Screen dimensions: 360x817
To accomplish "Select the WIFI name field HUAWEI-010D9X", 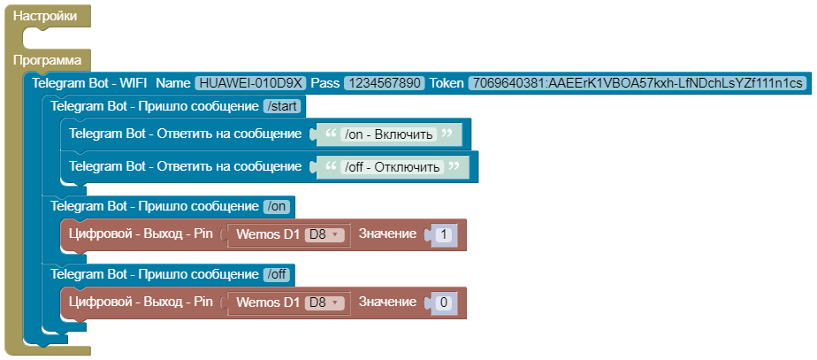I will pyautogui.click(x=251, y=83).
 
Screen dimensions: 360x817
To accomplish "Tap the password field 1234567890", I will pyautogui.click(x=385, y=83).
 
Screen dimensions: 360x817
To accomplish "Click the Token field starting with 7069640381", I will pyautogui.click(x=637, y=83).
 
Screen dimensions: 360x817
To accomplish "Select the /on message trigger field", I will pyautogui.click(x=277, y=206).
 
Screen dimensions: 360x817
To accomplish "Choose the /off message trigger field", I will pyautogui.click(x=278, y=274).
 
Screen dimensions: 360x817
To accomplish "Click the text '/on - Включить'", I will pyautogui.click(x=388, y=135).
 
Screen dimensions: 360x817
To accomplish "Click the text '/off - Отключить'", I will pyautogui.click(x=392, y=167).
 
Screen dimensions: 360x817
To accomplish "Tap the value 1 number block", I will pyautogui.click(x=444, y=234).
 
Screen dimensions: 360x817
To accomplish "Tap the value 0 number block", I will pyautogui.click(x=444, y=303).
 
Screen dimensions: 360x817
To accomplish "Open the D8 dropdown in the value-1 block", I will pyautogui.click(x=325, y=234).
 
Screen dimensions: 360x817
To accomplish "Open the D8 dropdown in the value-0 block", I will pyautogui.click(x=325, y=303).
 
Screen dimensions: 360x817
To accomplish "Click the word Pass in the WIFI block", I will pyautogui.click(x=325, y=83).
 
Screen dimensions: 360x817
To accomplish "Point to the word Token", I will pyautogui.click(x=447, y=83).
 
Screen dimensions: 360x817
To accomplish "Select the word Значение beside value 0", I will pyautogui.click(x=386, y=303).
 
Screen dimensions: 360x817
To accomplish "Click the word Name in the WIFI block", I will pyautogui.click(x=173, y=83).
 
